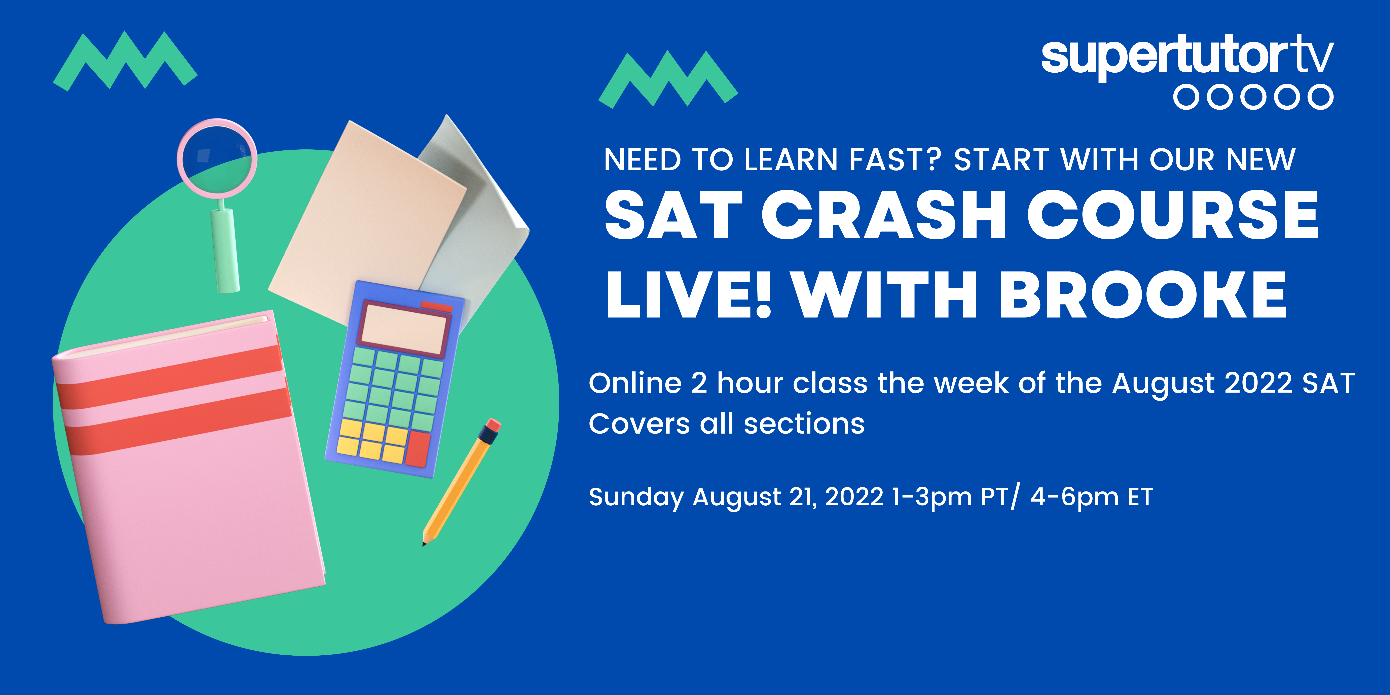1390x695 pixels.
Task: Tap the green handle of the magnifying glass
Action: click(226, 249)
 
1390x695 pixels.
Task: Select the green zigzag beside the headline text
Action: click(668, 79)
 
